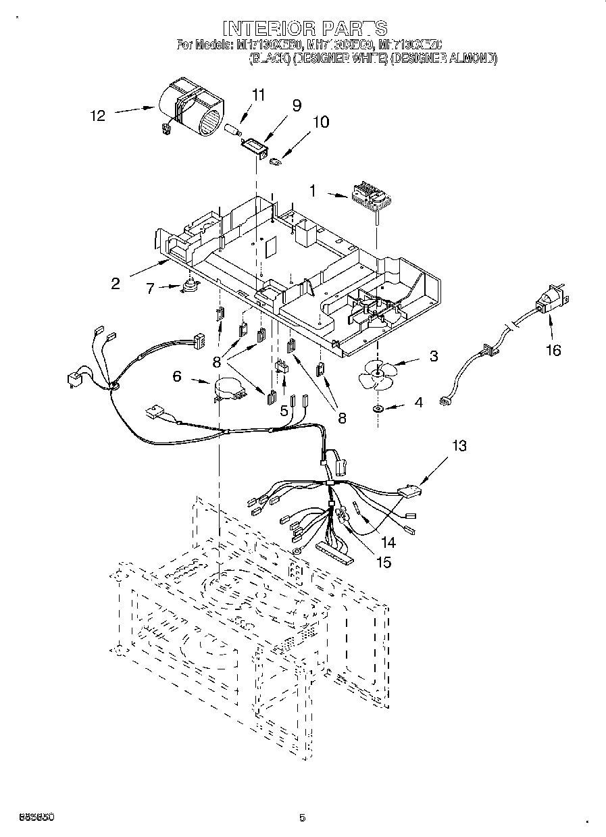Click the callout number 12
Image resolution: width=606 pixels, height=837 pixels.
(98, 116)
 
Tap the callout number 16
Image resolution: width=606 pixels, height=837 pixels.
(554, 351)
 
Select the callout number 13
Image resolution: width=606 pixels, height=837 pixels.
(459, 445)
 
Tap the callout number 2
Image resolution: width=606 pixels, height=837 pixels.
(116, 284)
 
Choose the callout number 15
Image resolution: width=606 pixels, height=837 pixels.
(383, 561)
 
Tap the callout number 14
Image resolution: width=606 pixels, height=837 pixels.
(387, 541)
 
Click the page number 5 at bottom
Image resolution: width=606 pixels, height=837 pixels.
(302, 818)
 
